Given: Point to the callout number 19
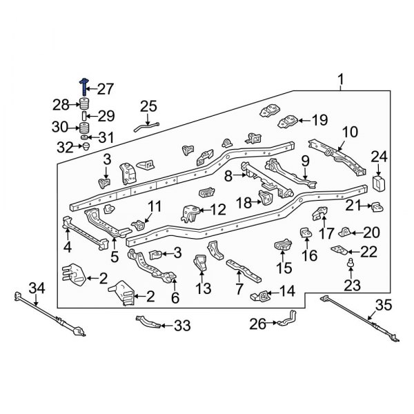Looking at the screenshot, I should click(x=319, y=120).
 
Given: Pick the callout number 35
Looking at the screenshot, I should click(x=383, y=306).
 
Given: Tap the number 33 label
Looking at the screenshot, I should click(x=181, y=324).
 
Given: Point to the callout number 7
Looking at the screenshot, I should click(x=239, y=286).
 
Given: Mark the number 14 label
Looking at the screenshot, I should click(x=287, y=290).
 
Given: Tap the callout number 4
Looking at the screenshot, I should click(x=68, y=247).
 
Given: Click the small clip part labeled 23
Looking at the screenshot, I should click(x=352, y=262).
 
